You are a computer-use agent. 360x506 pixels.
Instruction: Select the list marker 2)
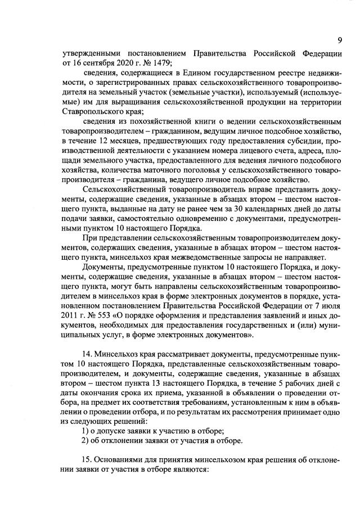pos(85,442)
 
